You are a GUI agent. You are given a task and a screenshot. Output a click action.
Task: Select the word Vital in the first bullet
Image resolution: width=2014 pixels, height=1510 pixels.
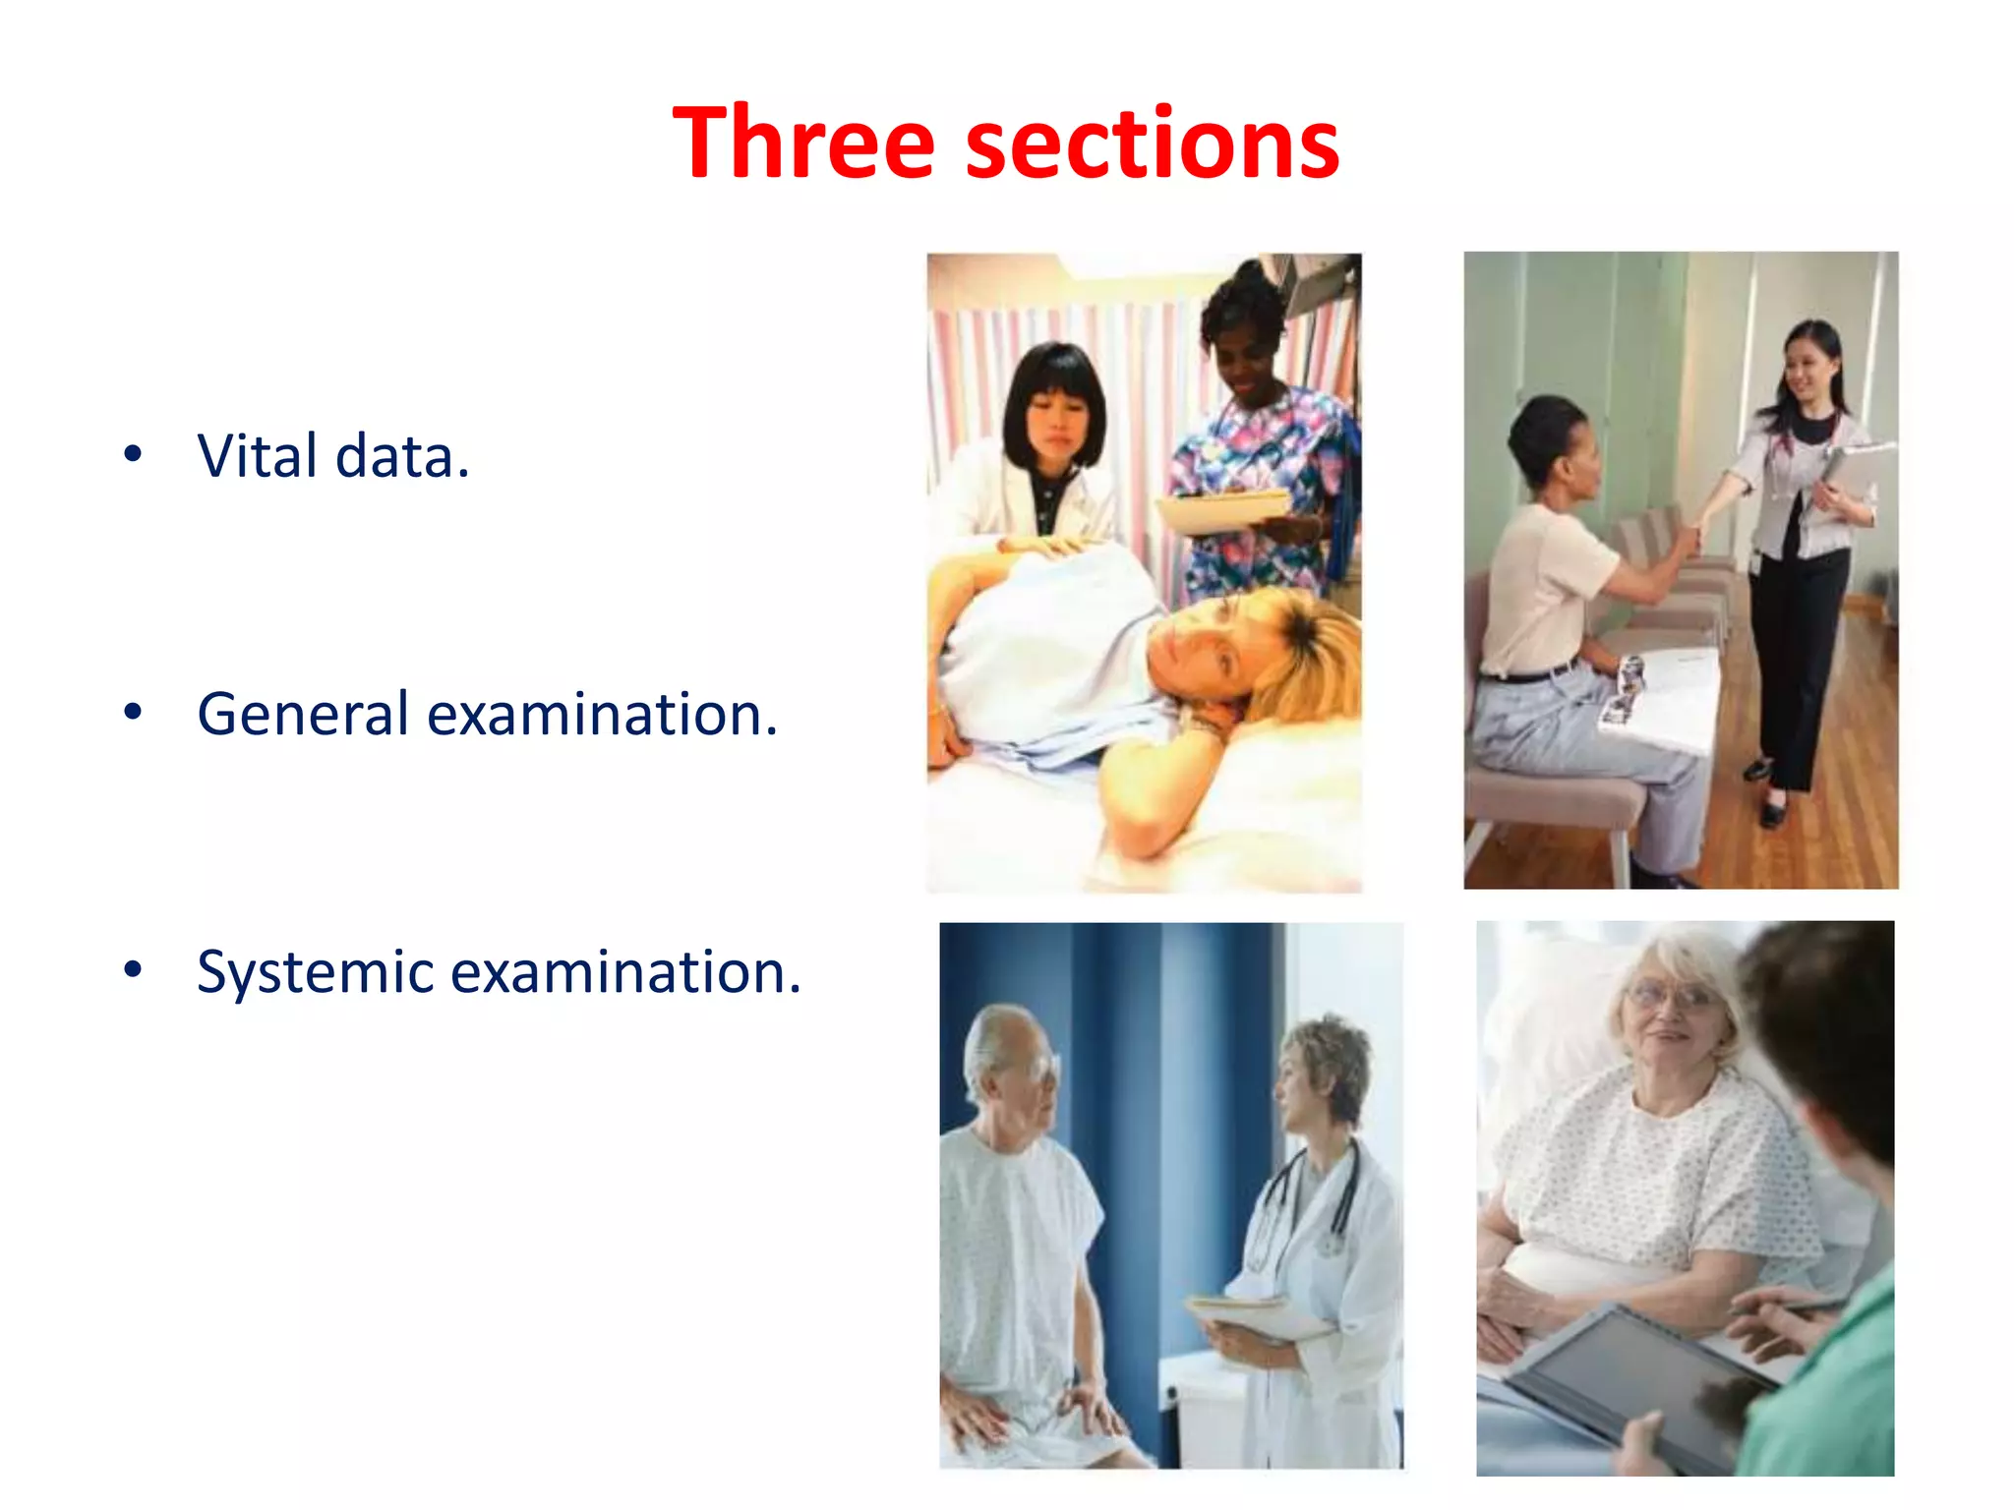(x=258, y=456)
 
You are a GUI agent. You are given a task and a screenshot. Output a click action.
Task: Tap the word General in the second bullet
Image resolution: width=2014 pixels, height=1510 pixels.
(x=303, y=714)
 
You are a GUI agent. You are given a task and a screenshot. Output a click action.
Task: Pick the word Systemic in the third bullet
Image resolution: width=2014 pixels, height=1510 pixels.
(x=315, y=971)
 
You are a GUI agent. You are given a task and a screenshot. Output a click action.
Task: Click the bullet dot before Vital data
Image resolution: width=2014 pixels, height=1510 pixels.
(x=133, y=455)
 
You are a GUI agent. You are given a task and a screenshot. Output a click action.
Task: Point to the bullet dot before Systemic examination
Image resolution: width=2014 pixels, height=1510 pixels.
(x=133, y=970)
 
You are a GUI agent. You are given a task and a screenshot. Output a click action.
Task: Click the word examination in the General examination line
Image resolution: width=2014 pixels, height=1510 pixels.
(x=602, y=714)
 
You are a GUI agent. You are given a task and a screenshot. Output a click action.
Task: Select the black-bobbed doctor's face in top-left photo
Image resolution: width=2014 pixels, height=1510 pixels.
(x=1057, y=423)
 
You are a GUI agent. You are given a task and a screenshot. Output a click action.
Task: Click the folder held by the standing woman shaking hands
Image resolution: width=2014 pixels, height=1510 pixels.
(x=1854, y=472)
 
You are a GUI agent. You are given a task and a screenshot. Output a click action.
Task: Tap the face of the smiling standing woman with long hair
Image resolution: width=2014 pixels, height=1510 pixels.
(x=1807, y=374)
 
